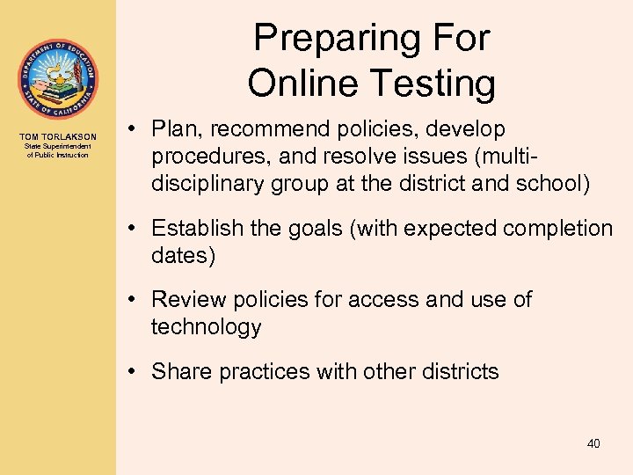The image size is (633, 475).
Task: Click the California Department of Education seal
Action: (x=58, y=79)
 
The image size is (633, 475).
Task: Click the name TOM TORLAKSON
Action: (x=58, y=136)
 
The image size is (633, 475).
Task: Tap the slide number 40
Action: (x=593, y=444)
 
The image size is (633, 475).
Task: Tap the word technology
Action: (x=206, y=328)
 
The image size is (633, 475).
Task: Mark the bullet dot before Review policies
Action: (x=141, y=300)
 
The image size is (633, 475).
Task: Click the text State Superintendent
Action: (x=58, y=146)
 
